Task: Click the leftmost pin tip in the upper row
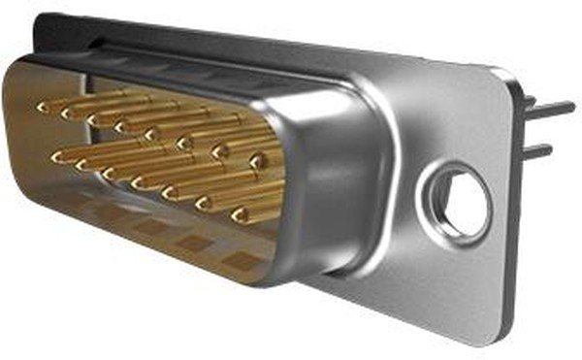click(44, 107)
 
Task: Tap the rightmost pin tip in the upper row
click(257, 161)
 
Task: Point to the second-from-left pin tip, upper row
click(68, 113)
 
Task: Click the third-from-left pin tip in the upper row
click(95, 119)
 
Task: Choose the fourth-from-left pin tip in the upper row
click(122, 126)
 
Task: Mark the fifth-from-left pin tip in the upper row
click(151, 134)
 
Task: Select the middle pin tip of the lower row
click(139, 181)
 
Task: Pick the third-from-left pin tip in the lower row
click(110, 173)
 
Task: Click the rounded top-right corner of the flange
click(504, 78)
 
